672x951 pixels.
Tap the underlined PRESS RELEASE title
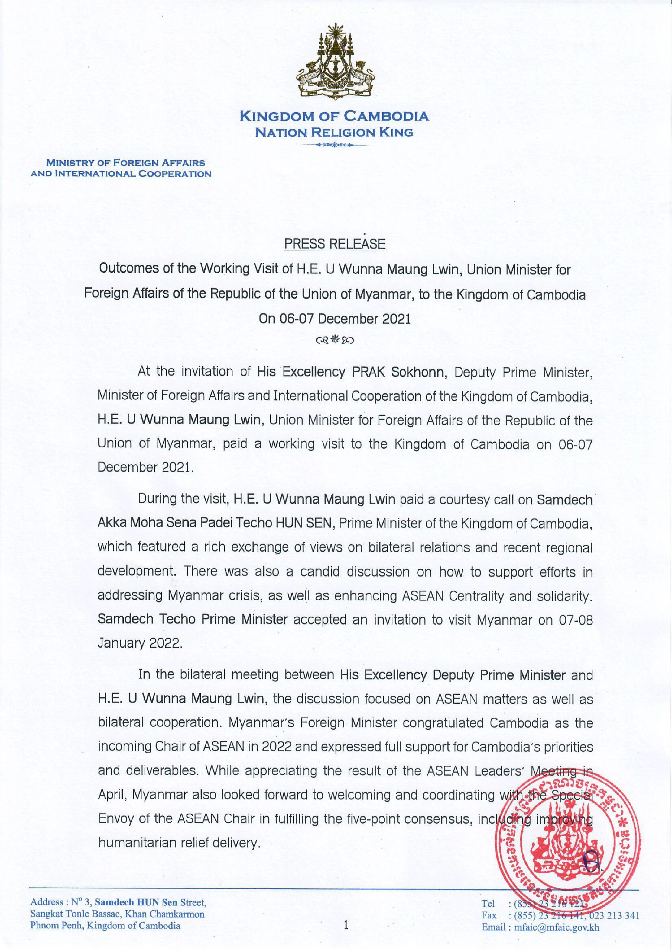coord(334,244)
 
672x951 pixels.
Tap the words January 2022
coord(140,643)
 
